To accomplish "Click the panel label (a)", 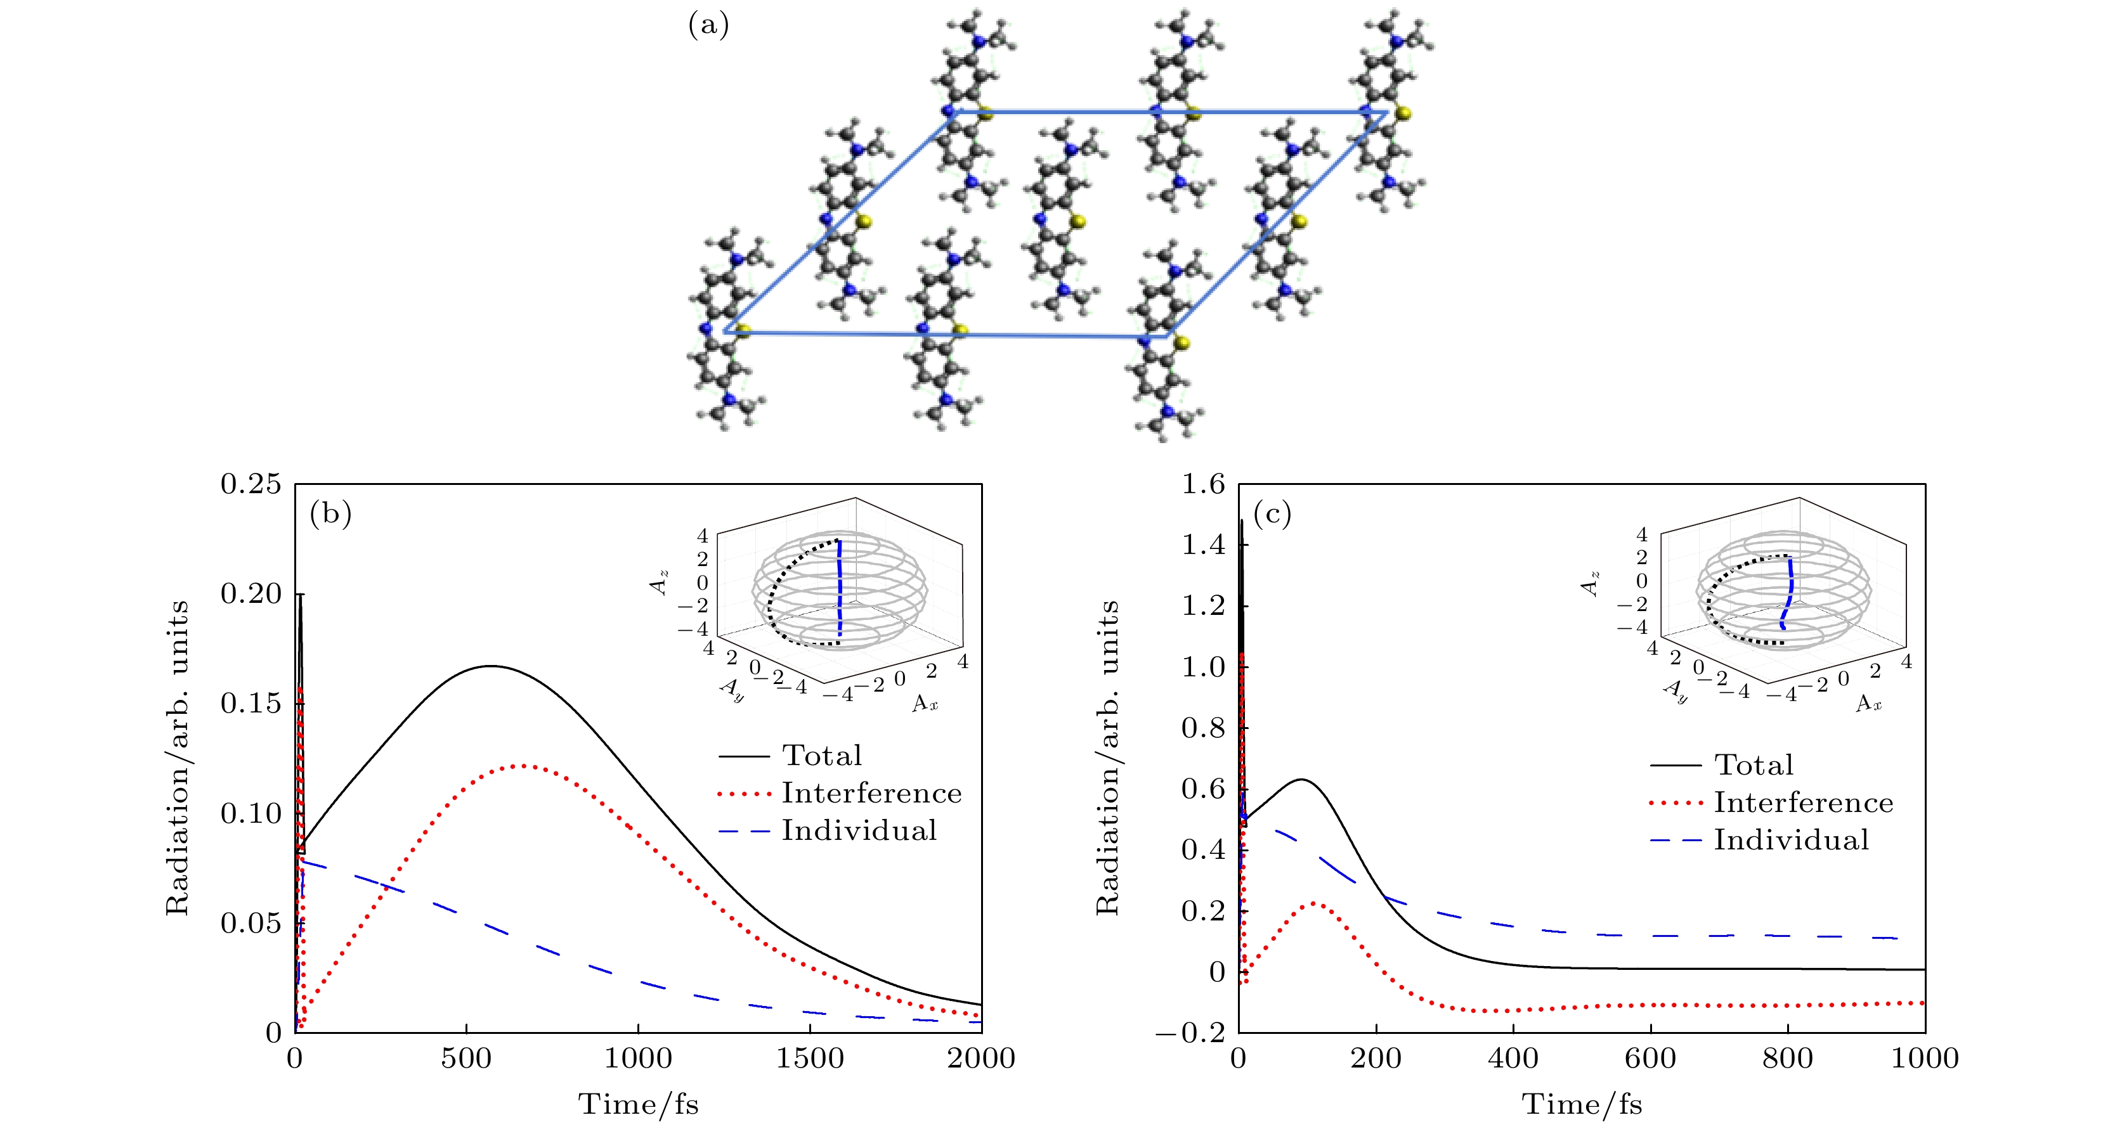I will pyautogui.click(x=708, y=25).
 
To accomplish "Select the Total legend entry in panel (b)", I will pyautogui.click(x=821, y=755).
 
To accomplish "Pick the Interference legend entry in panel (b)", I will pyautogui.click(x=871, y=793).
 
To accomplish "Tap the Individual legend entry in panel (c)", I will pyautogui.click(x=1791, y=840).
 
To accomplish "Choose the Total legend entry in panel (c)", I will pyautogui.click(x=1754, y=765).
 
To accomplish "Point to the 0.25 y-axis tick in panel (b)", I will pyautogui.click(x=251, y=484).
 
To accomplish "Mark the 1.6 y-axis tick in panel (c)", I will pyautogui.click(x=1204, y=484).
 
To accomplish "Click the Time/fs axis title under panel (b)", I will pyautogui.click(x=639, y=1104).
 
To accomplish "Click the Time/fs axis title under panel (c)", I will pyautogui.click(x=1582, y=1104).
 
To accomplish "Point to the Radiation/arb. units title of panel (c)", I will pyautogui.click(x=1107, y=758).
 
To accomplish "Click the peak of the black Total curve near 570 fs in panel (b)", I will pyautogui.click(x=490, y=666).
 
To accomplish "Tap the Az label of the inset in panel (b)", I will pyautogui.click(x=659, y=582).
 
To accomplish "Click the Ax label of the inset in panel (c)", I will pyautogui.click(x=1868, y=703).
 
